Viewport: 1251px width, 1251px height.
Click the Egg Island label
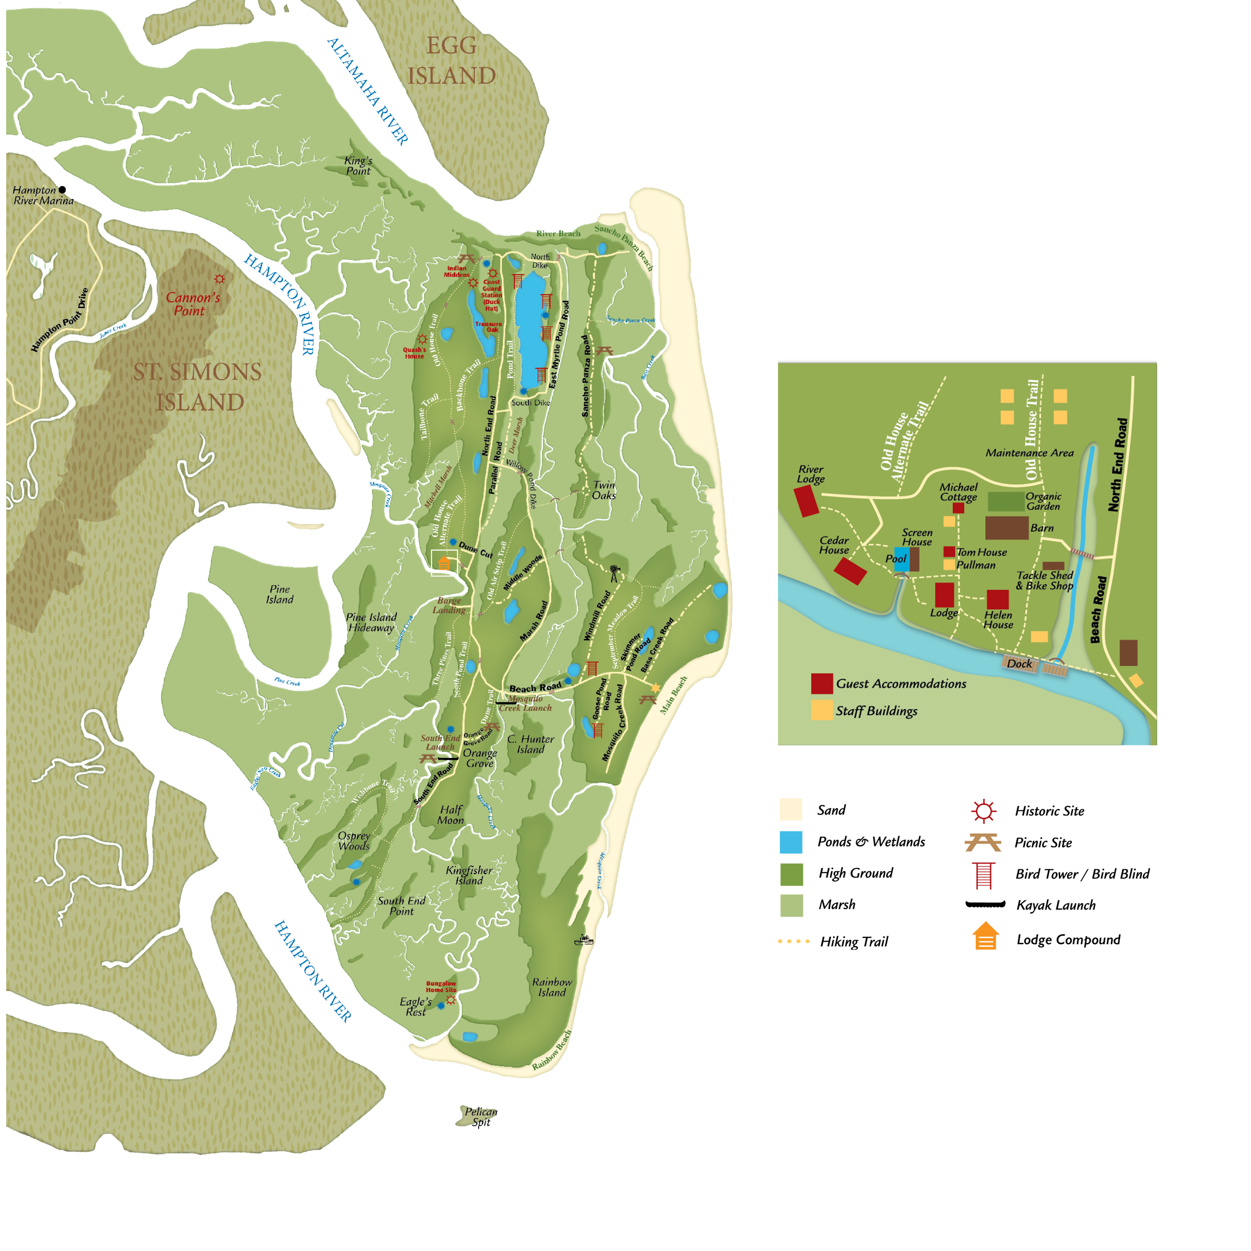point(451,60)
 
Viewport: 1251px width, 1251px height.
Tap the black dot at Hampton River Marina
point(62,190)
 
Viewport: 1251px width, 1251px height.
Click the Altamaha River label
point(367,91)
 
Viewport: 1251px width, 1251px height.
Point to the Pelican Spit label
point(480,1117)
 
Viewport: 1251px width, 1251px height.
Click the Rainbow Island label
point(552,987)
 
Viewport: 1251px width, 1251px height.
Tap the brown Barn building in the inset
point(1006,528)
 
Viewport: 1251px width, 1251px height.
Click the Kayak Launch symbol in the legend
point(985,905)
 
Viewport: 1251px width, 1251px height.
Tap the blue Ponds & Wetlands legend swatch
point(791,842)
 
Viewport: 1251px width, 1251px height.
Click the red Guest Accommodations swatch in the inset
point(822,683)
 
